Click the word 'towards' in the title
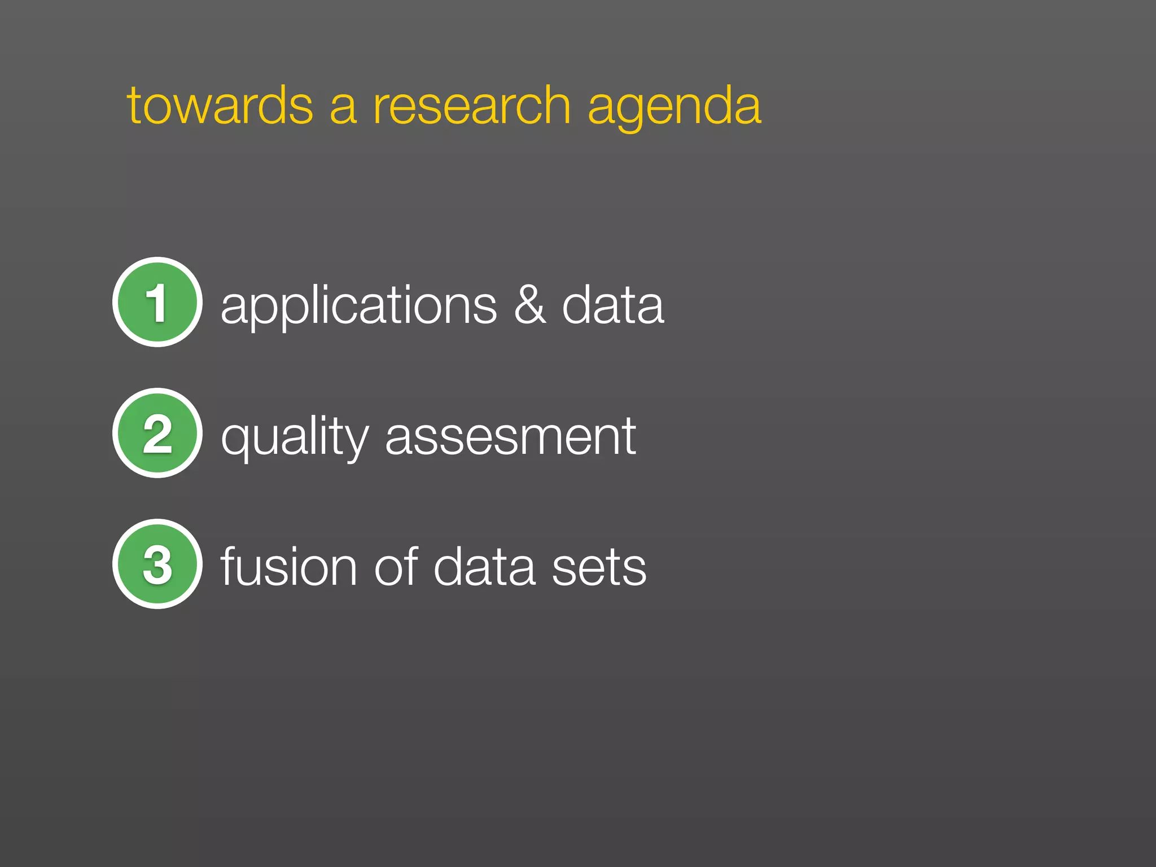coord(220,106)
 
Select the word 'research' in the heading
coord(472,106)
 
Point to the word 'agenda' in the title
coord(675,107)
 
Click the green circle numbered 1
coord(157,302)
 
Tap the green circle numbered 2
coord(157,433)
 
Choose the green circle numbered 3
coord(157,564)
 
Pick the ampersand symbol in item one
coord(530,305)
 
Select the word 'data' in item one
coord(613,305)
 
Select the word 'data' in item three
coord(484,567)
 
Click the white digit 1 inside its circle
coord(157,303)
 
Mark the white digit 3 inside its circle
coord(157,564)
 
